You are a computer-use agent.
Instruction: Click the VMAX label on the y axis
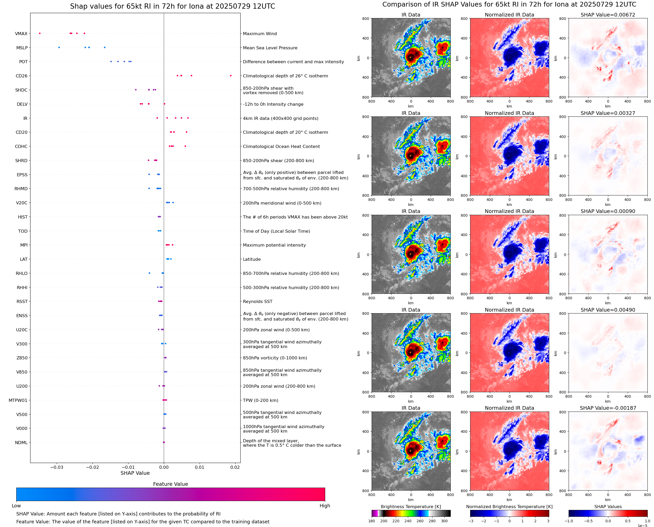pos(21,34)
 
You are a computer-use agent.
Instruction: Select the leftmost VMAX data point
pos(40,33)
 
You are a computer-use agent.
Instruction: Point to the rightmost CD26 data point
pos(231,76)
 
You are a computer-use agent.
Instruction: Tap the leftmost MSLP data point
pos(59,47)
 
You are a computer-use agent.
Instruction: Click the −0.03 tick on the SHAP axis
pos(57,467)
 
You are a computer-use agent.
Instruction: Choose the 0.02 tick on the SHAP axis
pos(235,467)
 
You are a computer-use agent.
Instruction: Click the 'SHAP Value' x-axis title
pos(135,473)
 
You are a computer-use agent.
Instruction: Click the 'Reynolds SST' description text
pos(257,301)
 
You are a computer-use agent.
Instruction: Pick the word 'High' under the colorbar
pos(325,506)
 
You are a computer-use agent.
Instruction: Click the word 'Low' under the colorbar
pos(16,506)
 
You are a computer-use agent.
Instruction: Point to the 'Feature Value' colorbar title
pos(170,484)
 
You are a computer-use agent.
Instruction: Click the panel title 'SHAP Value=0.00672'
pos(608,15)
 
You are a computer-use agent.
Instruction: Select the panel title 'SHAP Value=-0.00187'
pos(608,408)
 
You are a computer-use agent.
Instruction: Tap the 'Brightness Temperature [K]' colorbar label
pos(411,507)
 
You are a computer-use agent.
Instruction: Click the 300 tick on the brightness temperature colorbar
pos(444,521)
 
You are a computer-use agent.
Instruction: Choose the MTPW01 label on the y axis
pos(18,400)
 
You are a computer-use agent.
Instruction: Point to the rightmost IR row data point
pos(188,118)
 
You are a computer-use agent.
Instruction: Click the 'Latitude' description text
pos(252,259)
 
